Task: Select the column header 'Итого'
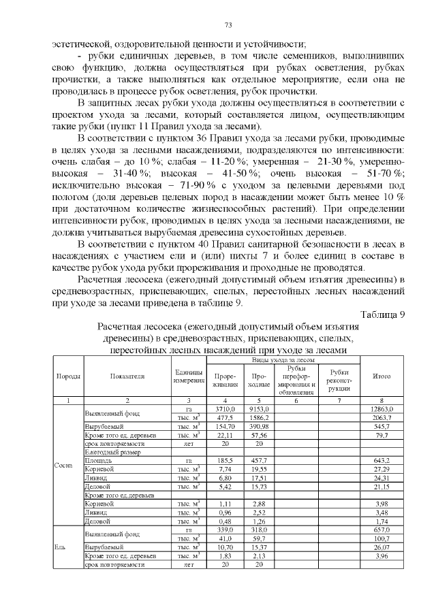381,376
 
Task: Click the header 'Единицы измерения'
188,376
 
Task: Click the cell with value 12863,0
381,408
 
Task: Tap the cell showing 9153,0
259,408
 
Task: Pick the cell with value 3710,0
225,408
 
